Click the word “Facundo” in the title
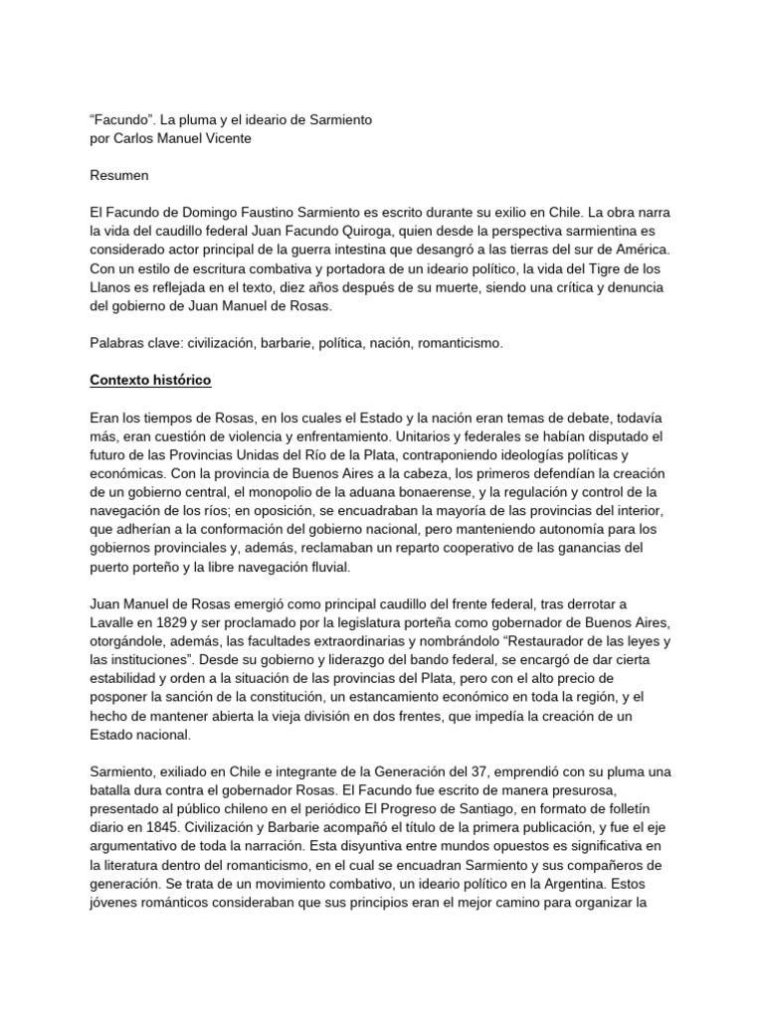(x=121, y=119)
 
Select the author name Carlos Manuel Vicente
(x=181, y=138)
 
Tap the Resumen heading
(x=118, y=176)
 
